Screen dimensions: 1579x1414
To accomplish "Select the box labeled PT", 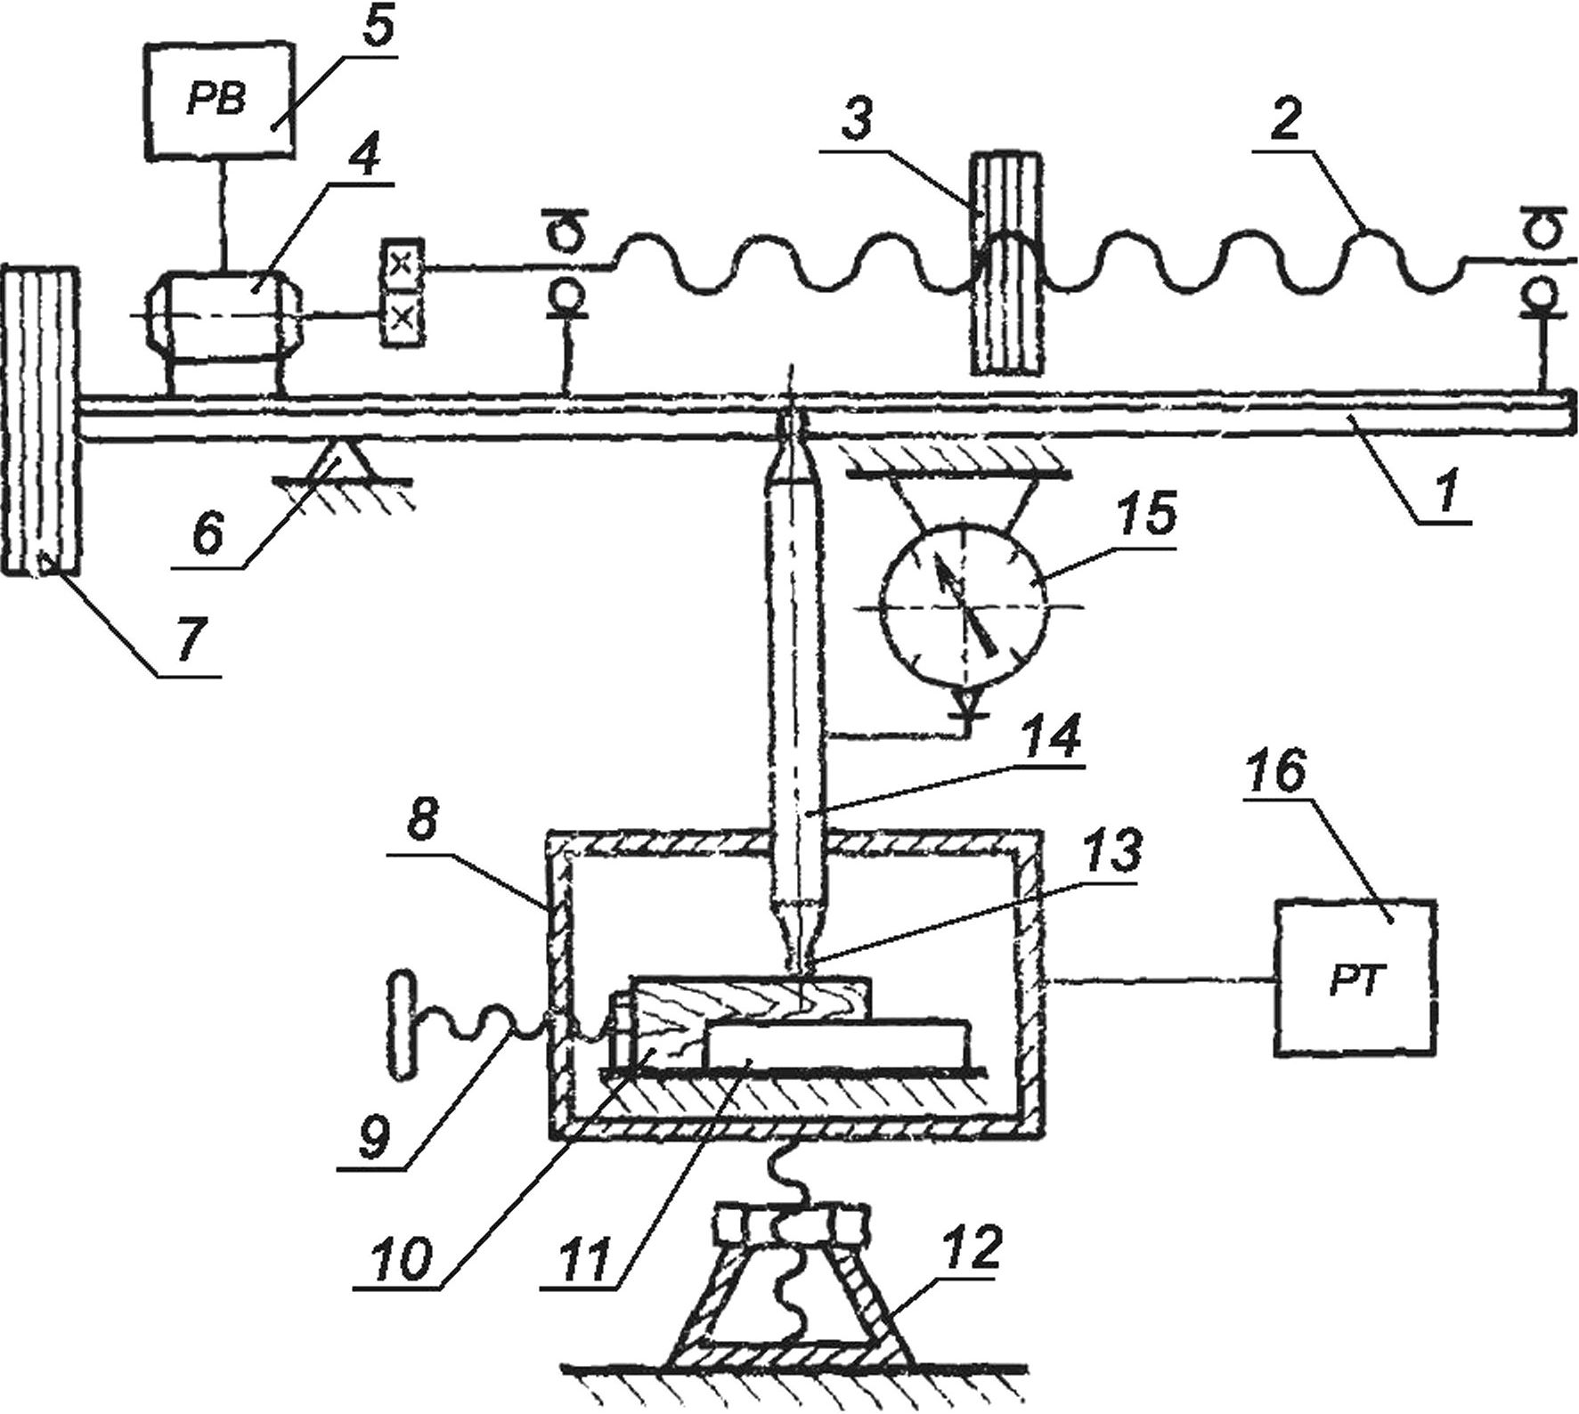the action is click(1355, 977).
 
